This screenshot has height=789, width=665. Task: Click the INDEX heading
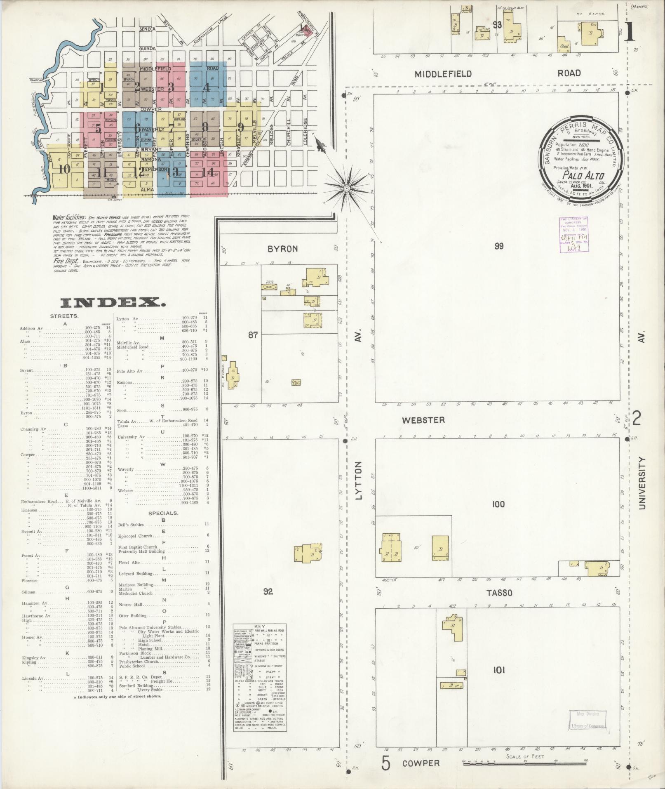click(113, 303)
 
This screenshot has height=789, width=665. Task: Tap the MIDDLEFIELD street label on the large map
click(443, 74)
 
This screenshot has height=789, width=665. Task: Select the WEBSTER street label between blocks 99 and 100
click(423, 420)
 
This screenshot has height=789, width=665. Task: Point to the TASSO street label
click(499, 593)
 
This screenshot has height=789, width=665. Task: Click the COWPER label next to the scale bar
click(421, 763)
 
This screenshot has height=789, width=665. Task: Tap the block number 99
click(499, 246)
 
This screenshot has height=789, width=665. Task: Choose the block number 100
click(498, 504)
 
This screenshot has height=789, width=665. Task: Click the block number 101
click(499, 670)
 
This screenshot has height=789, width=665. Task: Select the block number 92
click(268, 592)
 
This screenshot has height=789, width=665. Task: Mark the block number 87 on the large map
click(252, 335)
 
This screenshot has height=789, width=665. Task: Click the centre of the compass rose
click(346, 188)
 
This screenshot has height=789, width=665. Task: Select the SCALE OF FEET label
click(525, 756)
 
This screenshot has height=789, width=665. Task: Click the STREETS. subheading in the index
click(65, 316)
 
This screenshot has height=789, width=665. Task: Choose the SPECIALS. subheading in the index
click(163, 513)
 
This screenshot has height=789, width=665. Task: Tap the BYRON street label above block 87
click(282, 249)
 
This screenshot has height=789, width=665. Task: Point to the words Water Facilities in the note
click(69, 217)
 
